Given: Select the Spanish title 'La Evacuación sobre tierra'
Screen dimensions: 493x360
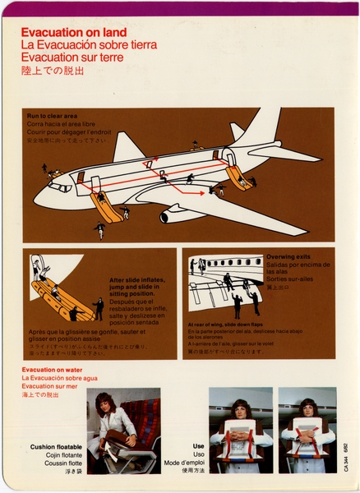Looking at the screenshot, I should pos(83,44).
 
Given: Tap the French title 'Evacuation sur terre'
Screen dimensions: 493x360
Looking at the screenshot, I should pos(72,58).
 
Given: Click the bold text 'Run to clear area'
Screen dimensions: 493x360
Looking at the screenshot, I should pos(53,115).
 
